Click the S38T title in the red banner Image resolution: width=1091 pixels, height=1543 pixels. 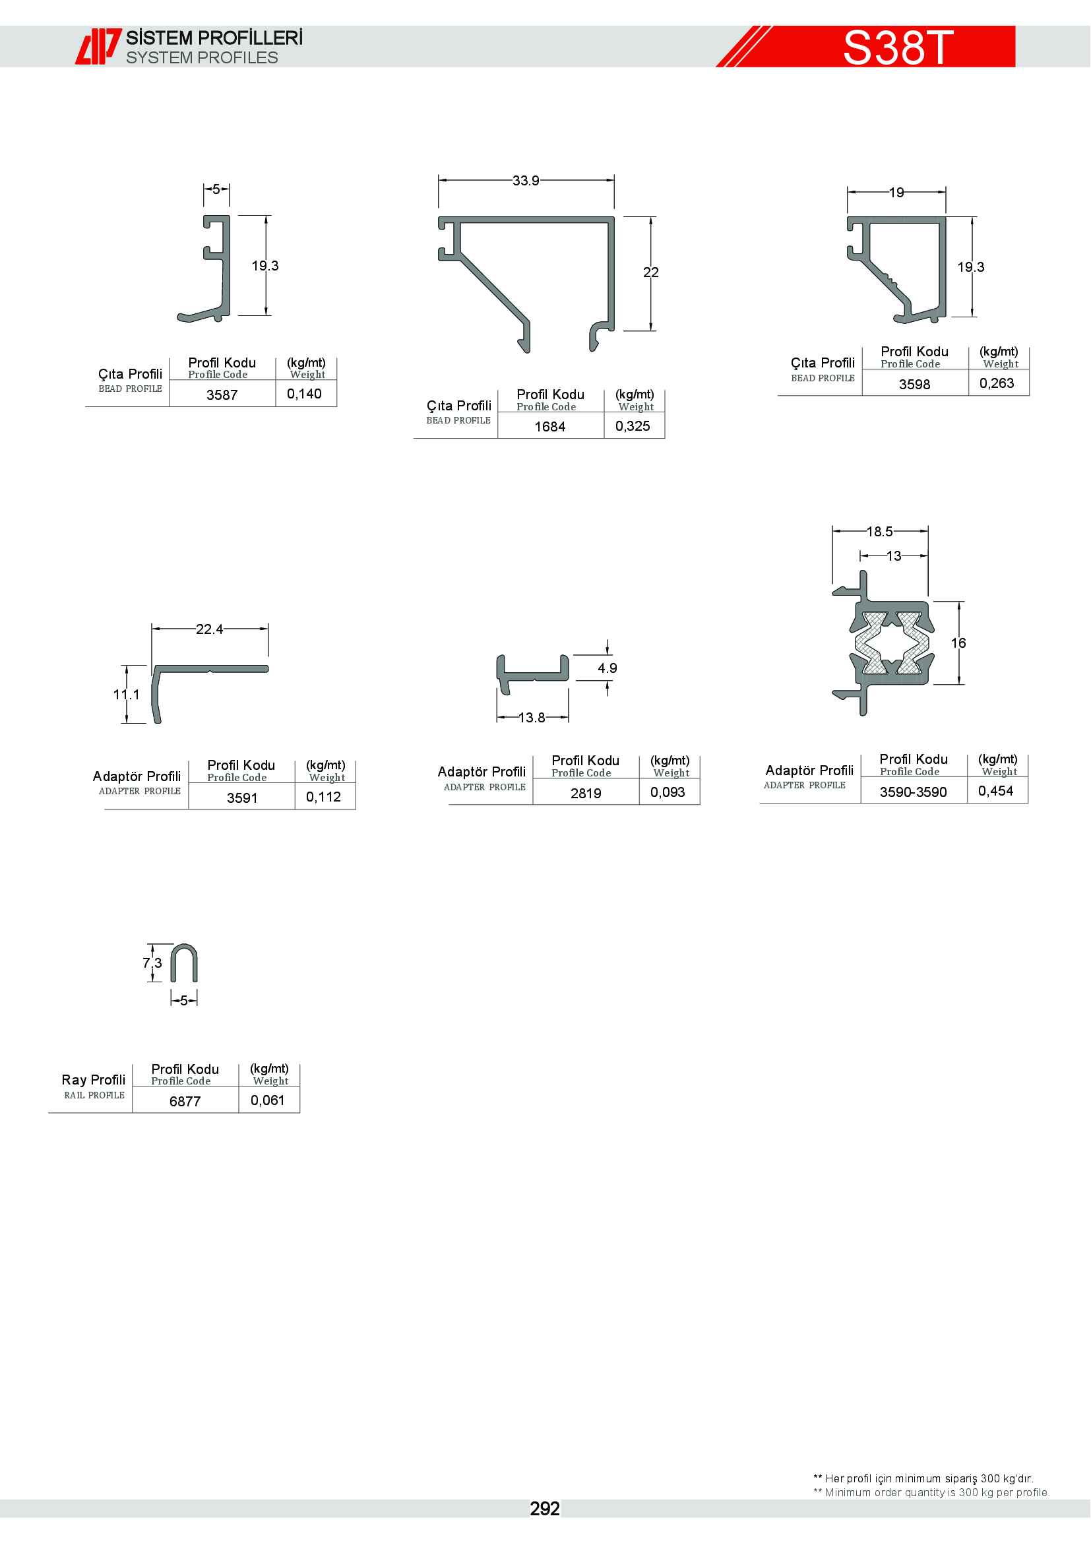898,47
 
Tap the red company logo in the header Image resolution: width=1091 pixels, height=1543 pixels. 98,46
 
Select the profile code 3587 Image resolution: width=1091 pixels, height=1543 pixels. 222,395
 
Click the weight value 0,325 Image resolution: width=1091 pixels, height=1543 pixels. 633,426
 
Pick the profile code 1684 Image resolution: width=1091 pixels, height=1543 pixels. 549,427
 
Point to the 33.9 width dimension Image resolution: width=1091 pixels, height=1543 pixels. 525,181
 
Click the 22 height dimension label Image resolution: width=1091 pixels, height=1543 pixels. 651,272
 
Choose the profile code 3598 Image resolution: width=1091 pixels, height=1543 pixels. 914,385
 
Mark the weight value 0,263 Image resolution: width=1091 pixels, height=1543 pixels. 997,383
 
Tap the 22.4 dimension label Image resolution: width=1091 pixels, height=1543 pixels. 209,629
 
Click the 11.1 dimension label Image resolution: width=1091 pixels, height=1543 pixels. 126,694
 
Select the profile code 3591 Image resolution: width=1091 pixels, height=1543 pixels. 242,798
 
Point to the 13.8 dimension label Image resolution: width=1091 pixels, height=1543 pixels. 532,718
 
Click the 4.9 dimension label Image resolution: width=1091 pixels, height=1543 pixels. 608,668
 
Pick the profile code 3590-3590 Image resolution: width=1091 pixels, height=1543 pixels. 913,792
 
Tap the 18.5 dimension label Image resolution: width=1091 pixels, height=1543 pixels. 879,532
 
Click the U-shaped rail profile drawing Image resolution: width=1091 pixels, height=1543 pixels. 184,963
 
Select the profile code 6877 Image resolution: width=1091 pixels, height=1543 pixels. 185,1102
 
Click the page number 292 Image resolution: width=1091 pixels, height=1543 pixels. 545,1509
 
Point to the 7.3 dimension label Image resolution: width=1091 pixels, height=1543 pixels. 152,963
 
